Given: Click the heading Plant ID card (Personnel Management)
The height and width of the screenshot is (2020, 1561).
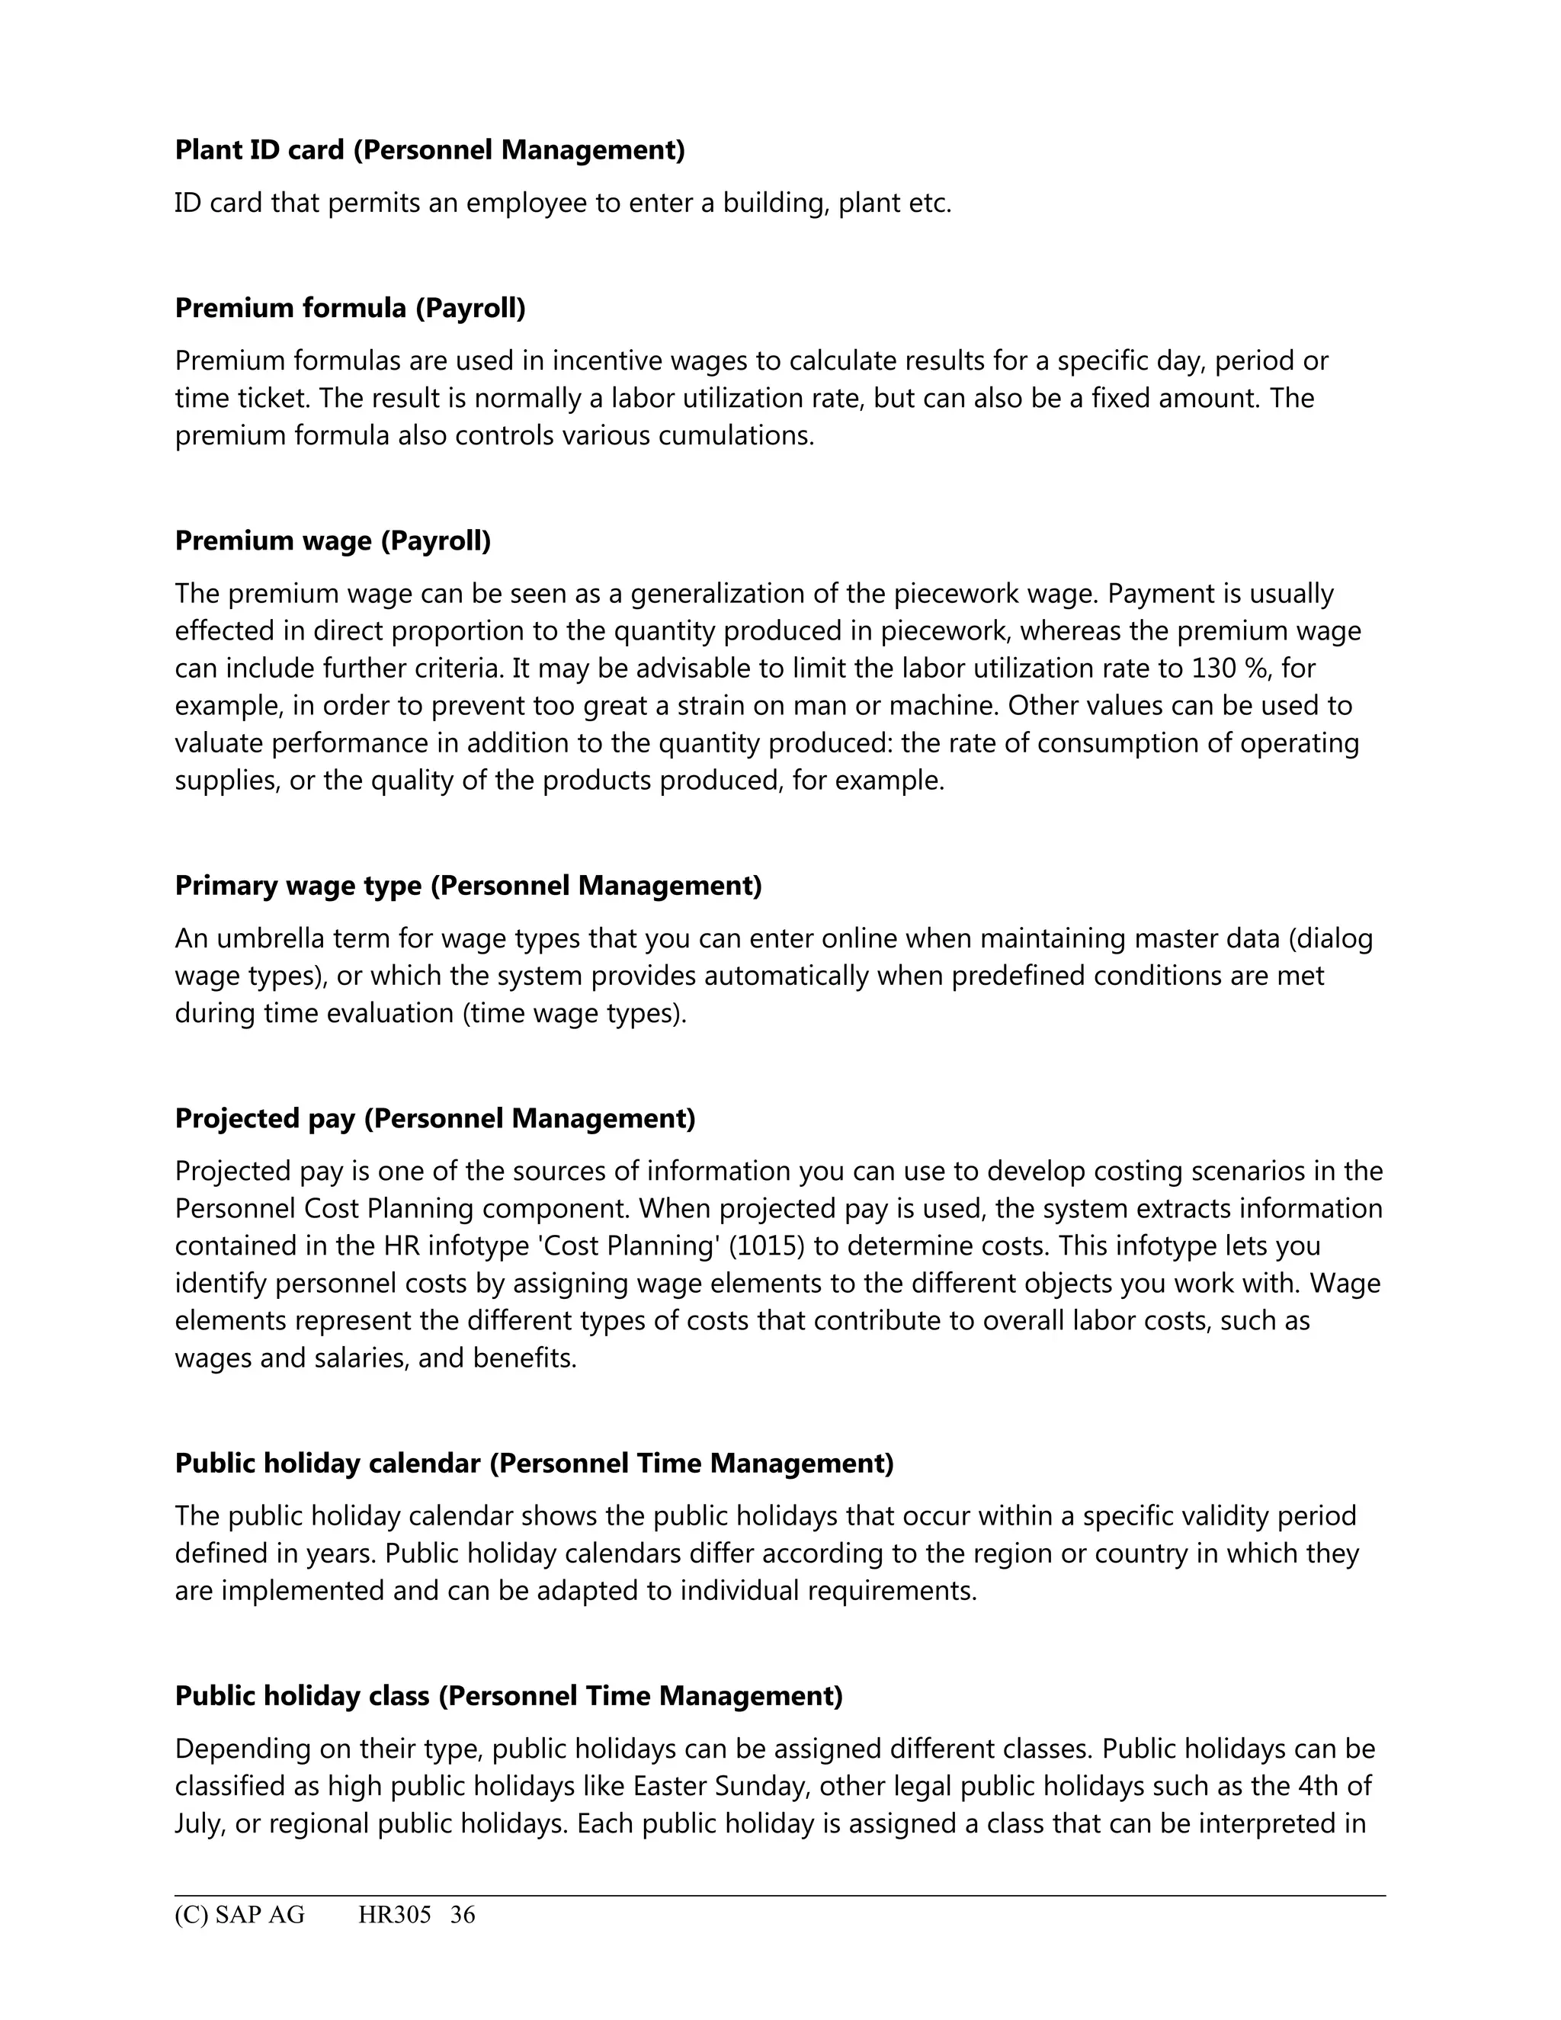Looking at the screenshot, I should (x=430, y=150).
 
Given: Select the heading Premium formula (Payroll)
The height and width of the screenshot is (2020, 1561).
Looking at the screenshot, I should (x=350, y=308).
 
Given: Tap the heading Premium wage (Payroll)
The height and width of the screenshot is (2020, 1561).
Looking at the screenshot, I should (x=333, y=541).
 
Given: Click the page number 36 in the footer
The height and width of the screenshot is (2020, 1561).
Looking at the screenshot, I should (x=463, y=1915).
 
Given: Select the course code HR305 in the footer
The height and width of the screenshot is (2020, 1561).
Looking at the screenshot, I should (x=395, y=1915).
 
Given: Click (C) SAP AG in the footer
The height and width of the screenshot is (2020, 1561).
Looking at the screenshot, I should (x=239, y=1915).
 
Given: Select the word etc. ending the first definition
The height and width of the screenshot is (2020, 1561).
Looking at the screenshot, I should (x=931, y=203).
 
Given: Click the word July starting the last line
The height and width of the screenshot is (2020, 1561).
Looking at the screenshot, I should (x=198, y=1824).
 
